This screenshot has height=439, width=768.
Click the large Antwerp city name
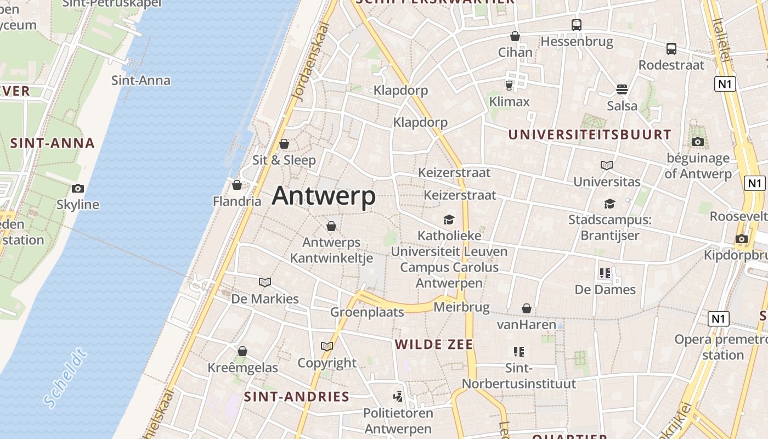[324, 196]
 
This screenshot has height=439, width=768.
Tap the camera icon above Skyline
[78, 188]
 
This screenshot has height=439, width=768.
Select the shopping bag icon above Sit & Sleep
[284, 144]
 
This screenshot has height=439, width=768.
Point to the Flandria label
[237, 201]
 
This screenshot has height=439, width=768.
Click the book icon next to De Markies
[265, 282]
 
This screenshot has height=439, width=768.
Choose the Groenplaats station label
[367, 312]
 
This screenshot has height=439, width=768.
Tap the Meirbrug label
[461, 307]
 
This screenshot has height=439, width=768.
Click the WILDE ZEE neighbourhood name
[434, 345]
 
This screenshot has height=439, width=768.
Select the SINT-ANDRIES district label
[296, 397]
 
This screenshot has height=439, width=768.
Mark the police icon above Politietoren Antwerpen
[398, 396]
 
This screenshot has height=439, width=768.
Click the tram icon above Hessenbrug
[576, 25]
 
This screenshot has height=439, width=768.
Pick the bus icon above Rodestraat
[671, 48]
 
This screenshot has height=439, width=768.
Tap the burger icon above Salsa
[622, 89]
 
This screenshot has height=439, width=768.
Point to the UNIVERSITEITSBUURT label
[589, 134]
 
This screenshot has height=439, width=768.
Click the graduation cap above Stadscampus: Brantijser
[609, 204]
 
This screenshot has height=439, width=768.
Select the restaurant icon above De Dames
[605, 273]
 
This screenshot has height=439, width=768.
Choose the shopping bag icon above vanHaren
[527, 308]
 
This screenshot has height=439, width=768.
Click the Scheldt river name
[65, 379]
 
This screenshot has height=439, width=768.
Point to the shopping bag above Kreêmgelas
[242, 351]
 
